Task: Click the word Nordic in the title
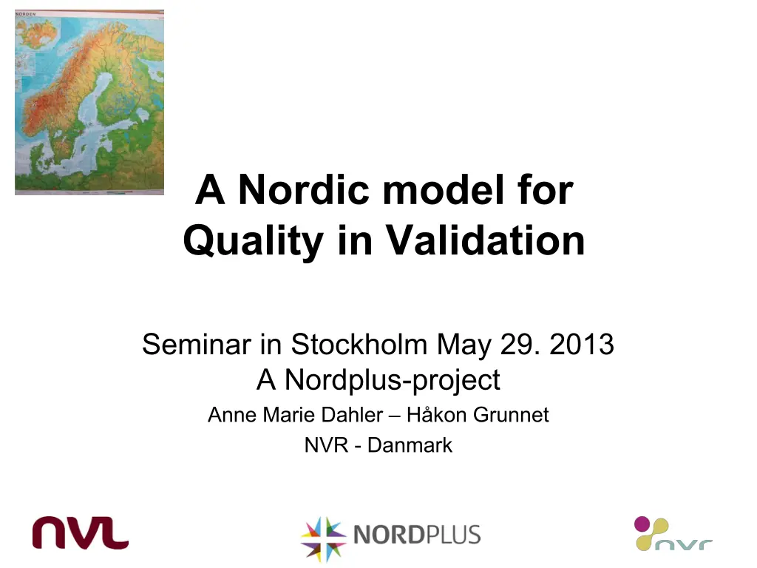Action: tap(304, 190)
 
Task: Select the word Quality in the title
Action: tap(253, 242)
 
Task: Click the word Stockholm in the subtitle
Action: tap(359, 345)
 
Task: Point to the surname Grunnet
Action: tap(512, 415)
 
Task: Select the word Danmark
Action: tap(410, 445)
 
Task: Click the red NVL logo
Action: tap(80, 532)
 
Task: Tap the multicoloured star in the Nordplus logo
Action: tap(323, 538)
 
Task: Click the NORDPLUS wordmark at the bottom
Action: tap(417, 535)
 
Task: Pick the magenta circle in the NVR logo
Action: tap(642, 524)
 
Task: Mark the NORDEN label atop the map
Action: tap(26, 14)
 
